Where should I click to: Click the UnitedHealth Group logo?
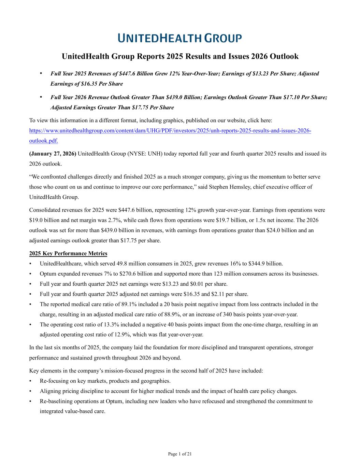pos(180,38)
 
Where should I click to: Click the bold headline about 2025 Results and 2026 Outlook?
pos(180,56)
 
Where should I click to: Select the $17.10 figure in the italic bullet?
pos(291,97)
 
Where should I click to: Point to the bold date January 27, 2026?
pos(53,154)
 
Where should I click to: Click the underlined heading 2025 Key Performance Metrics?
pos(68,253)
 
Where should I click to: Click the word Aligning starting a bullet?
pos(50,391)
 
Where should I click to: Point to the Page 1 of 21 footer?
pos(180,454)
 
